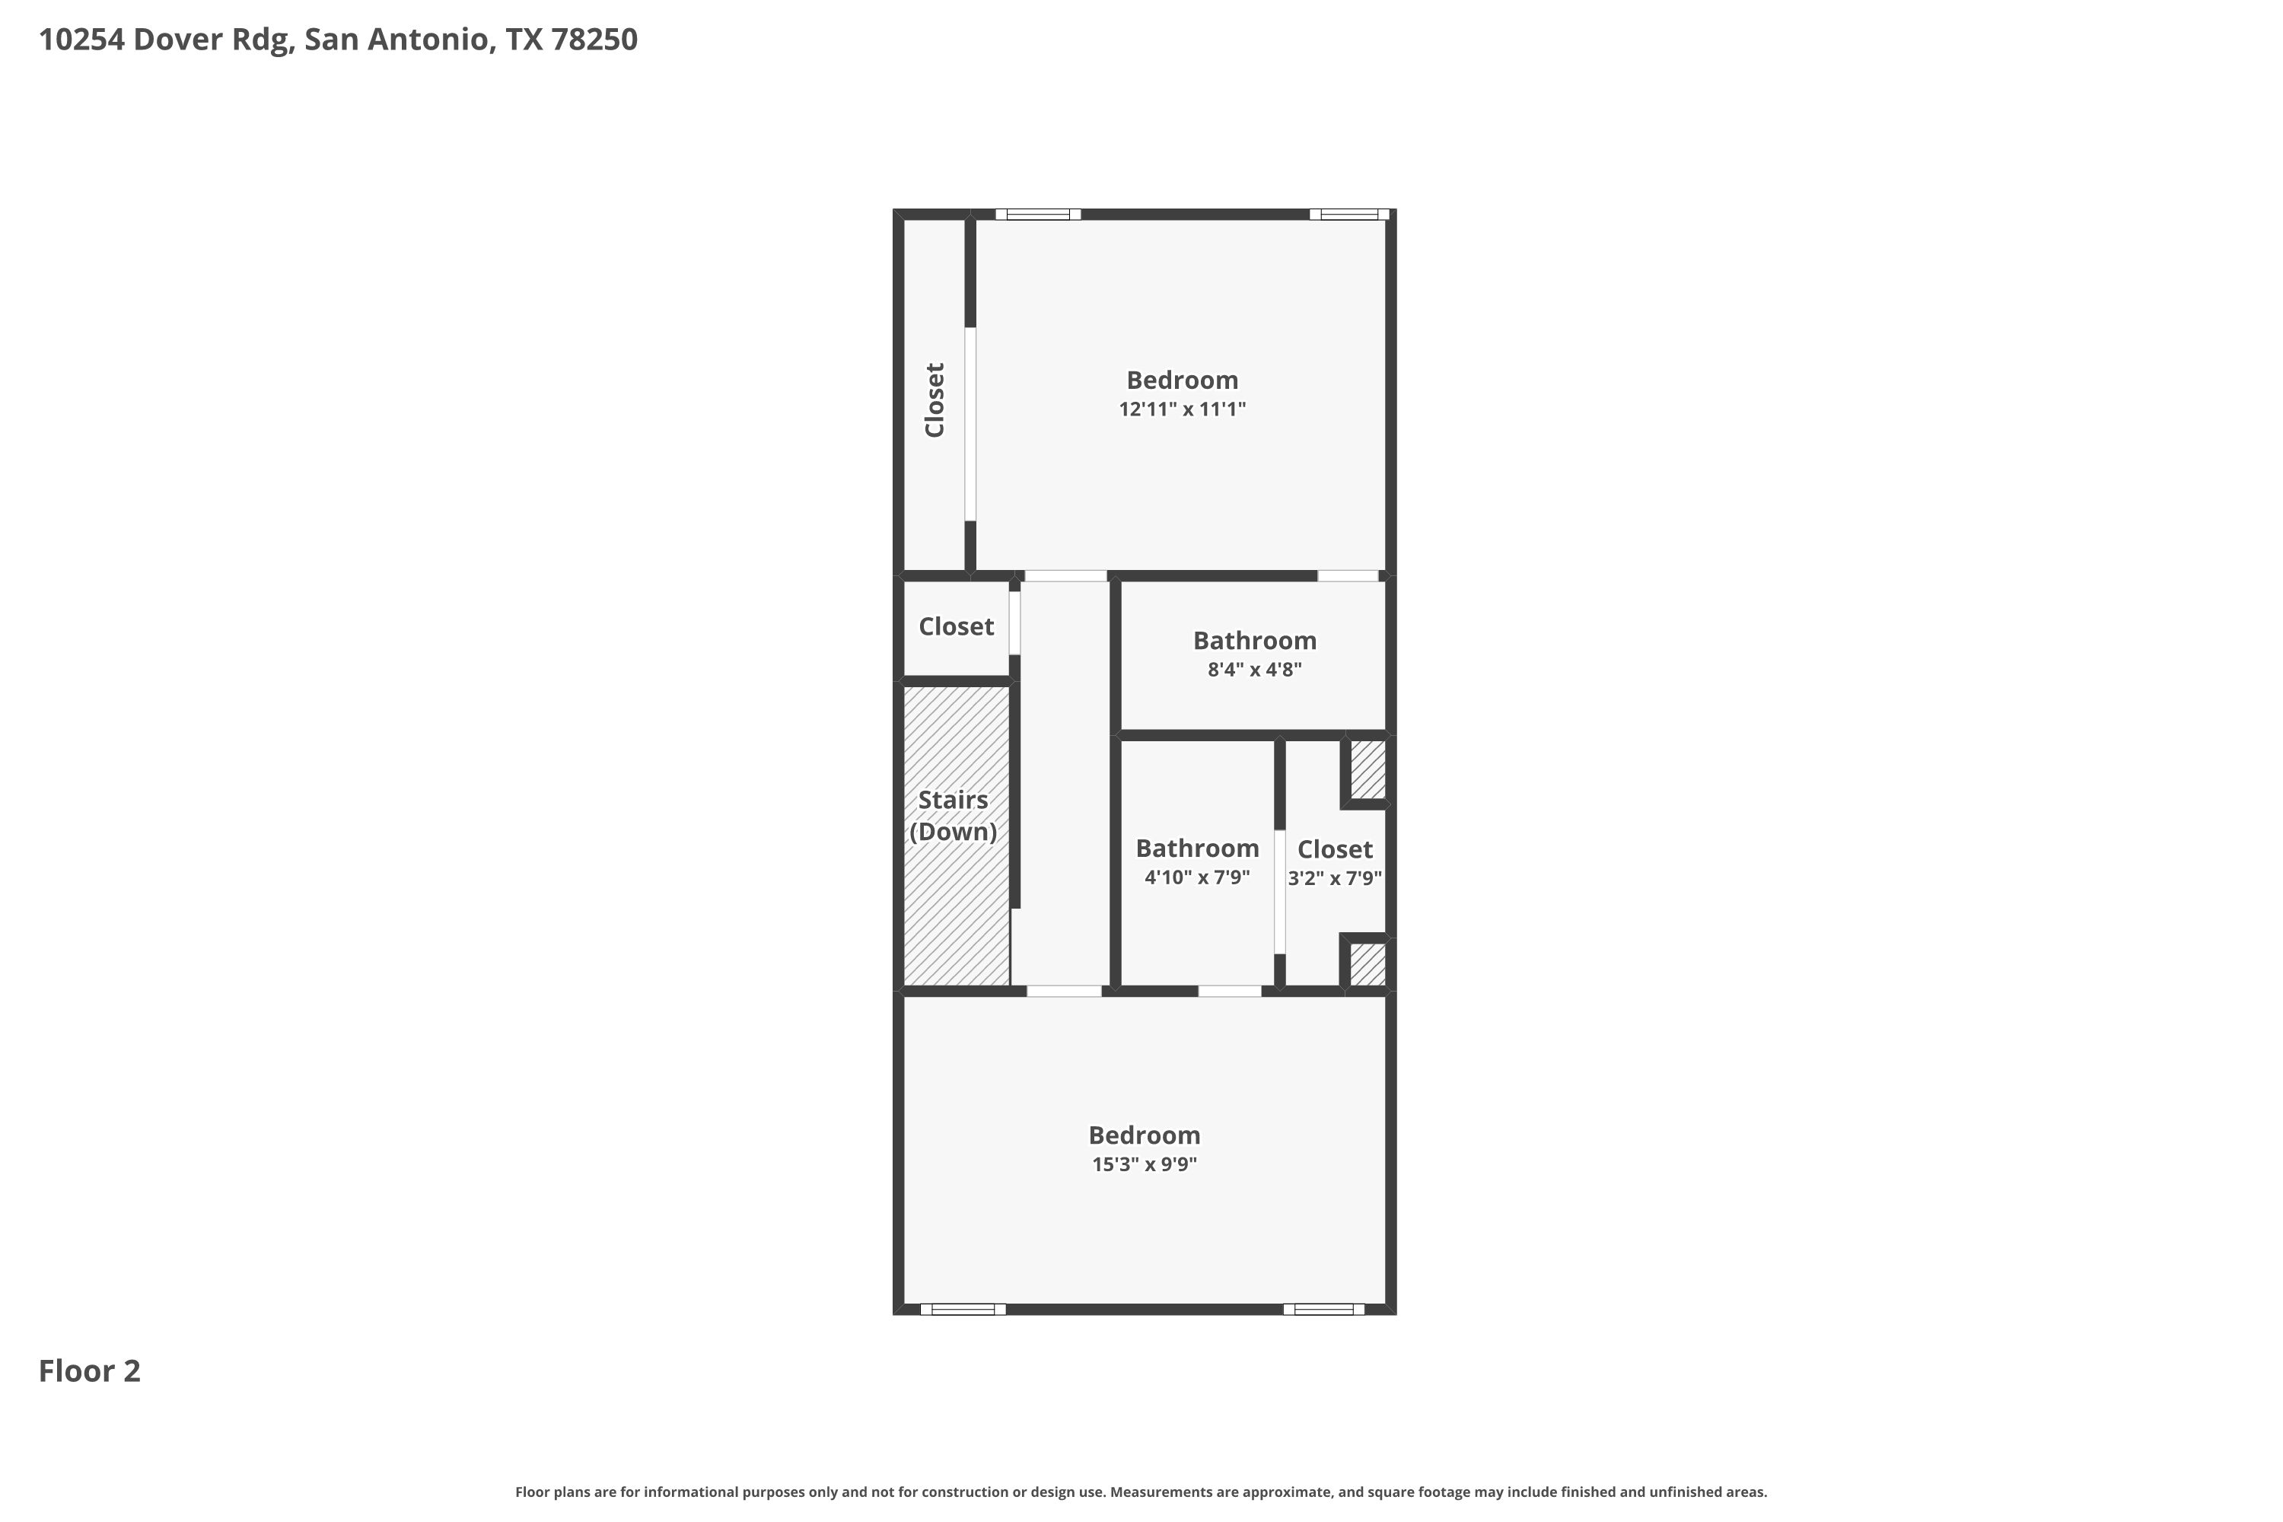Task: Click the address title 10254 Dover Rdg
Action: point(338,40)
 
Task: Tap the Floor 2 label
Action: point(89,1371)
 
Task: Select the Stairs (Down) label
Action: point(954,815)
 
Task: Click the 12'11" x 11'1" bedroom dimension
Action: point(1183,409)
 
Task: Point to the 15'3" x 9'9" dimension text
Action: point(1145,1164)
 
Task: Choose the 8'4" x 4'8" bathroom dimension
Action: point(1254,669)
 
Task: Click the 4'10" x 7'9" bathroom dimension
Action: point(1197,877)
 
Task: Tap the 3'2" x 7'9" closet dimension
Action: point(1335,878)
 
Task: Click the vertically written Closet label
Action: point(935,400)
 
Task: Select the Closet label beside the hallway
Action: point(956,627)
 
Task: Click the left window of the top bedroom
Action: point(1038,215)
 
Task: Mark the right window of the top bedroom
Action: point(1349,215)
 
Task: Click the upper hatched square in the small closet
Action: point(1368,769)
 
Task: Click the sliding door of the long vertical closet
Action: point(970,424)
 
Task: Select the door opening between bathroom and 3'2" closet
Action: point(1279,892)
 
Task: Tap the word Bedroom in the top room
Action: point(1183,380)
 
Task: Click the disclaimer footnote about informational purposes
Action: point(1141,1492)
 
